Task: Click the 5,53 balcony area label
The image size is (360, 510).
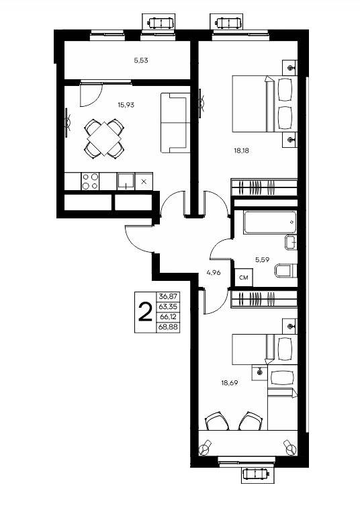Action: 141,60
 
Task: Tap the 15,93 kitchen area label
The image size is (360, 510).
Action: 126,105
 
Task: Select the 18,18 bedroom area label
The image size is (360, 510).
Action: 241,151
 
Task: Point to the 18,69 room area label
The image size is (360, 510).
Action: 230,383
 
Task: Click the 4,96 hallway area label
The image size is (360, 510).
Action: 214,273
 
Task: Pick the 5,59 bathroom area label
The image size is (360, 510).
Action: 262,259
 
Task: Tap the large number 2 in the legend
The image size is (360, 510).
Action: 145,312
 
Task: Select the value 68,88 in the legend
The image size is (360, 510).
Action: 168,327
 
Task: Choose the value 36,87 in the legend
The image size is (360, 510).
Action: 168,296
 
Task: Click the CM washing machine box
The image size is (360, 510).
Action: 244,278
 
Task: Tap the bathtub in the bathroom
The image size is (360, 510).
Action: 270,222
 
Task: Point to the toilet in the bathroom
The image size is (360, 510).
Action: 286,271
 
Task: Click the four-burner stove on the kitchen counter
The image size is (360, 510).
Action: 90,181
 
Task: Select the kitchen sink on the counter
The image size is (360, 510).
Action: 126,181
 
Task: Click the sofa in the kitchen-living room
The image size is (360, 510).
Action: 175,122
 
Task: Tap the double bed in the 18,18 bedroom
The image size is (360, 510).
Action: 265,103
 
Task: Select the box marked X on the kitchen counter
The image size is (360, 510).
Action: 144,181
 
